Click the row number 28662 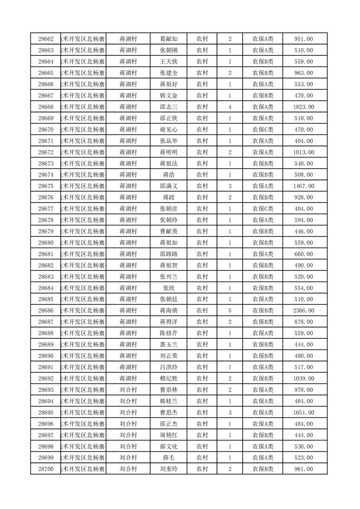coord(46,39)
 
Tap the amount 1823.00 coord(303,107)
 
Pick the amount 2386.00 coord(303,311)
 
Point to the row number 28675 coord(46,186)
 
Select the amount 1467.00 coord(303,186)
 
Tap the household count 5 coord(230,311)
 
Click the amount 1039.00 coord(303,378)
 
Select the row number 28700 coord(46,469)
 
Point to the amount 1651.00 coord(303,412)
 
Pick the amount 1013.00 coord(303,152)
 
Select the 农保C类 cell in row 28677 coord(263,209)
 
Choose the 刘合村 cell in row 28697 coord(128,435)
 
